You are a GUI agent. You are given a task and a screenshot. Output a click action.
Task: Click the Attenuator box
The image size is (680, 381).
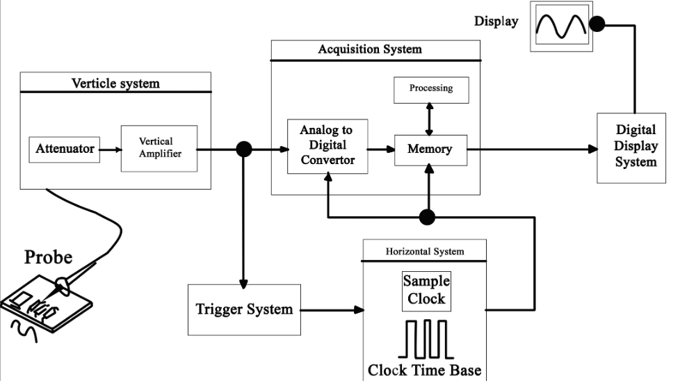[64, 149]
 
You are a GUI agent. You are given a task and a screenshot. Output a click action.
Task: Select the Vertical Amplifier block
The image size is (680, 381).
[159, 149]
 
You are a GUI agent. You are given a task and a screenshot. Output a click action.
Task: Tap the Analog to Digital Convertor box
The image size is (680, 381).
[327, 147]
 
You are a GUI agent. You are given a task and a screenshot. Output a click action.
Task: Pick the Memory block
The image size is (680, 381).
[430, 150]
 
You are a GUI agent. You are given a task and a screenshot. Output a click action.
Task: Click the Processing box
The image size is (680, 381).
[431, 90]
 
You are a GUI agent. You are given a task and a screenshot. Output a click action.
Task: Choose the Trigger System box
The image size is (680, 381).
[244, 309]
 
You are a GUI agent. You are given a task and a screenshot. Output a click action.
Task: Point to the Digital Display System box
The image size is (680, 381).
[631, 148]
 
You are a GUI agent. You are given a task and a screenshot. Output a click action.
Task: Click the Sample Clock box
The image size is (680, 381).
[426, 291]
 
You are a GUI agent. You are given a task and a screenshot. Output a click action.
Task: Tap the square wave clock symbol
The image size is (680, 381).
[426, 339]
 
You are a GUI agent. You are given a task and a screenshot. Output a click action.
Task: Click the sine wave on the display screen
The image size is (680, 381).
[561, 26]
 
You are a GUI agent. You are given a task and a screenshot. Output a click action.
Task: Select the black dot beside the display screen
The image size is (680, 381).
[597, 24]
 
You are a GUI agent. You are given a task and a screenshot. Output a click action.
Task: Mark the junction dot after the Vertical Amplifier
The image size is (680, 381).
[244, 149]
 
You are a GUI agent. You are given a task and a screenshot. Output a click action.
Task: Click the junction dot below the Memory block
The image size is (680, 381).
[427, 217]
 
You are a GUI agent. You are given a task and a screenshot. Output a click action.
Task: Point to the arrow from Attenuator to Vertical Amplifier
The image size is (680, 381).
[111, 150]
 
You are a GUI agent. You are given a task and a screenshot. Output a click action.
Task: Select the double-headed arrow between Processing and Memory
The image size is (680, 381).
[429, 119]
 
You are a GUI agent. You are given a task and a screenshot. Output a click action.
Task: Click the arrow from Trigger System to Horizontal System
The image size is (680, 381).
[332, 310]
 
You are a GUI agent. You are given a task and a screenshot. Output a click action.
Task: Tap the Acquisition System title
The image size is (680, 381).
[370, 49]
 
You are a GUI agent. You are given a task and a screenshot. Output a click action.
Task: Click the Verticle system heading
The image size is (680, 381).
[115, 83]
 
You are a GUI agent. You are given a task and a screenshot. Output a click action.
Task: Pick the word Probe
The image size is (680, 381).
[48, 257]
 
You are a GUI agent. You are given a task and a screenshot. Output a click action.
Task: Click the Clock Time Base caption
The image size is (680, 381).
[425, 370]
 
